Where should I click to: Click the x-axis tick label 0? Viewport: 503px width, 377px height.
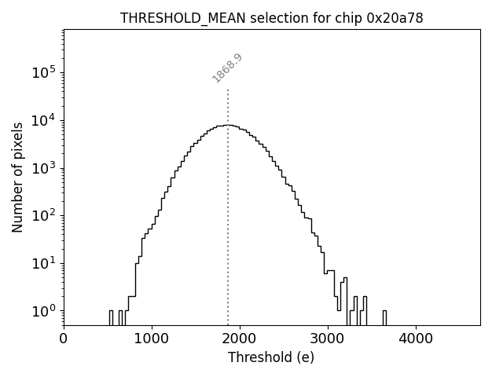point(64,339)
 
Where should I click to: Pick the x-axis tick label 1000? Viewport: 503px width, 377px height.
point(152,339)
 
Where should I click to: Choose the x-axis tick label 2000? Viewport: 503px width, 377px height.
point(240,339)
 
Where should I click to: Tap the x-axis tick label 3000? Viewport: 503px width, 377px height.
point(328,339)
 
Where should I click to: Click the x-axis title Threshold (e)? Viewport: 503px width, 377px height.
point(271,357)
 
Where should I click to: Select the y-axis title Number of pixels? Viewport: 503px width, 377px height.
point(17,178)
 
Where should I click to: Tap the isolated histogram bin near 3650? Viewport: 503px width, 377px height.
point(384,317)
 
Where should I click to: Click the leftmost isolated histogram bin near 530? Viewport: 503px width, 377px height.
point(111,317)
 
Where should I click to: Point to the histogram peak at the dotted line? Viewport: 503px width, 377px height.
point(228,125)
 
